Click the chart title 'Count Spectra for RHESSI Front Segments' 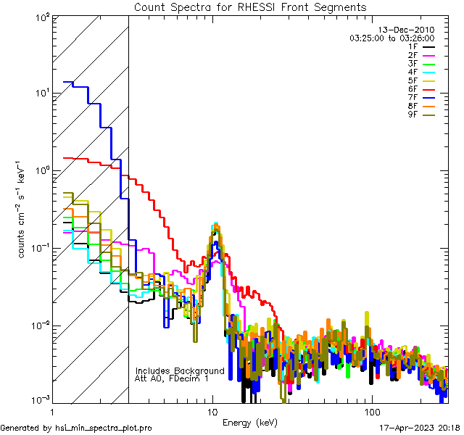250,7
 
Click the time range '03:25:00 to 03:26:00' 392,38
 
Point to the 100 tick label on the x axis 371,410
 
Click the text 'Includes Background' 180,371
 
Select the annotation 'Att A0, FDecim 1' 172,379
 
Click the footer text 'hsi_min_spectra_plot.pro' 104,428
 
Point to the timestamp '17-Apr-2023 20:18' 420,428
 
